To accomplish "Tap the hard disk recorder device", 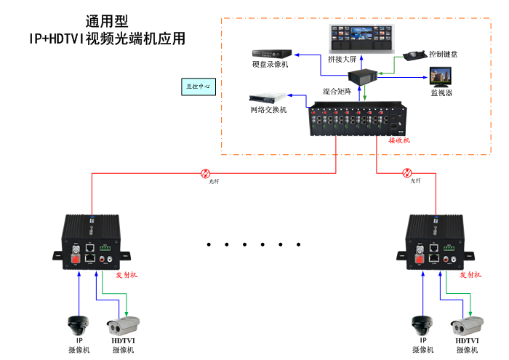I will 271,53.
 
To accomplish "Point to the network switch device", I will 268,98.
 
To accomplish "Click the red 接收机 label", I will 398,140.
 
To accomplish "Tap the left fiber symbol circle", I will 206,173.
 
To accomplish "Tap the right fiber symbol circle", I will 407,173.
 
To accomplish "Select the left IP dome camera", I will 78,324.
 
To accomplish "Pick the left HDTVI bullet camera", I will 123,324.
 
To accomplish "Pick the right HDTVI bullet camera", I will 468,324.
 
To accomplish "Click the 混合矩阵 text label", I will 337,92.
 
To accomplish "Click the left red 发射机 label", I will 127,275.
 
